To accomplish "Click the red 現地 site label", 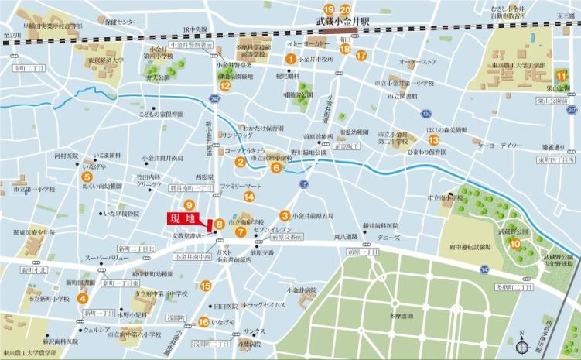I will tap(183, 219).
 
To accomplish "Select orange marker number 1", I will tap(290, 58).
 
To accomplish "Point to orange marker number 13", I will tap(434, 140).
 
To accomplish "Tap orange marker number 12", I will tap(225, 87).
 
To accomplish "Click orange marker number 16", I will tap(203, 322).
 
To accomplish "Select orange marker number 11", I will tap(560, 75).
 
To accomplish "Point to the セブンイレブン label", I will tap(272, 231).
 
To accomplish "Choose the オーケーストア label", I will tap(418, 61).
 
